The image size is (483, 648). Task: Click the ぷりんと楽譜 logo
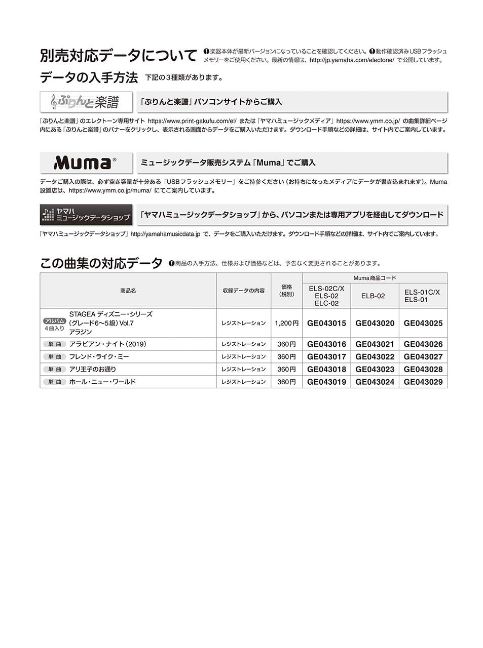86,102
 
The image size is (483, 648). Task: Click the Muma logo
86,163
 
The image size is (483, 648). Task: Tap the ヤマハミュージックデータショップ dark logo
86,215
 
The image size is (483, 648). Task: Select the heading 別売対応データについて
119,56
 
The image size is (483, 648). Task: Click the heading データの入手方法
89,77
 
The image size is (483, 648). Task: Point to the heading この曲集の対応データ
101,263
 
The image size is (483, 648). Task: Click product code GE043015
326,323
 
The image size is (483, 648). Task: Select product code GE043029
423,382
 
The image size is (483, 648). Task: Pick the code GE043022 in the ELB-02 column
375,357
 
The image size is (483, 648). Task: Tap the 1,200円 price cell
286,323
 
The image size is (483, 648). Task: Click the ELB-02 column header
373,296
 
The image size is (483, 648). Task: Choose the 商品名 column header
128,291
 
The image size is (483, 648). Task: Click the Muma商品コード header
375,278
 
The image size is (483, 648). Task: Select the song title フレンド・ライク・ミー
99,357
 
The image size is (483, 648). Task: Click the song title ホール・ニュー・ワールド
102,382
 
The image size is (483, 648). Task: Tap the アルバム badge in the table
54,321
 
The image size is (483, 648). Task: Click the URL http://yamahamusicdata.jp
165,234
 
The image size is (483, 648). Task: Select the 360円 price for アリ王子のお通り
286,370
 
